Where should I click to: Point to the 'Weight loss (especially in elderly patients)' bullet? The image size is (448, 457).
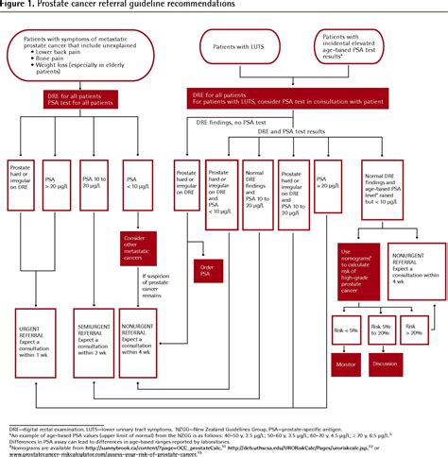point(102,77)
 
